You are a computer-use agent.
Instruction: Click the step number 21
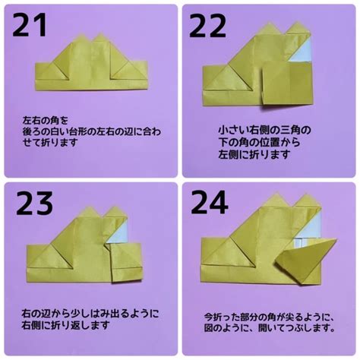point(30,25)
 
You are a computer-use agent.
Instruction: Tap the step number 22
point(207,26)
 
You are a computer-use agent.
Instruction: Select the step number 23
point(34,204)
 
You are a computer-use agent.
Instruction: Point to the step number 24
point(210,203)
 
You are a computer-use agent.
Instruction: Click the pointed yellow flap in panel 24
point(306,260)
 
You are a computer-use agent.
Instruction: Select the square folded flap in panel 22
point(287,83)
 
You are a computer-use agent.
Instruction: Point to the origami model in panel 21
point(91,62)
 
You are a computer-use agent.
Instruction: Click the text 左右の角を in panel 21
point(46,121)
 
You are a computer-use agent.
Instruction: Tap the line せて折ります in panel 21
point(49,143)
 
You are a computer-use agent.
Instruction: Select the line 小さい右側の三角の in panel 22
point(264,130)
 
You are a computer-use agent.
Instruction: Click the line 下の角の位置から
point(260,142)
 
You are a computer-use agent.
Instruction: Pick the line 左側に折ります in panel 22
point(254,154)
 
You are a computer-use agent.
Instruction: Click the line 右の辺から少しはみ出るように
point(90,314)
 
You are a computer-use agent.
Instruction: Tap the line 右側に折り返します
point(65,325)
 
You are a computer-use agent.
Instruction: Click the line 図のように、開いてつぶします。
point(270,328)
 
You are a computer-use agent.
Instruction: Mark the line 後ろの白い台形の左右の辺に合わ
point(92,131)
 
